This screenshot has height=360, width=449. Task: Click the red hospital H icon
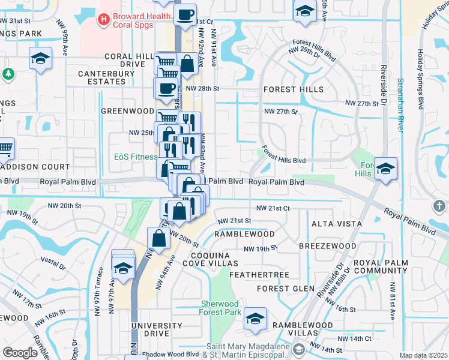click(104, 20)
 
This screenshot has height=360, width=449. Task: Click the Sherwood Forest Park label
click(221, 308)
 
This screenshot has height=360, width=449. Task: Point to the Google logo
click(20, 353)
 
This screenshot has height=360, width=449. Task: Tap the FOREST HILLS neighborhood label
click(294, 89)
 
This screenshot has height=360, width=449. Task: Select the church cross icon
click(440, 206)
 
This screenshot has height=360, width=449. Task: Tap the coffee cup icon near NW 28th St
click(166, 88)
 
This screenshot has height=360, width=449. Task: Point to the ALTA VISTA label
click(336, 224)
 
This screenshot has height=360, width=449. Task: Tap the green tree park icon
click(8, 74)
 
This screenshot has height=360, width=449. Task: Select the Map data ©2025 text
click(423, 355)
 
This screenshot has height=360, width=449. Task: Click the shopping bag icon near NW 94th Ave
click(158, 238)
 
